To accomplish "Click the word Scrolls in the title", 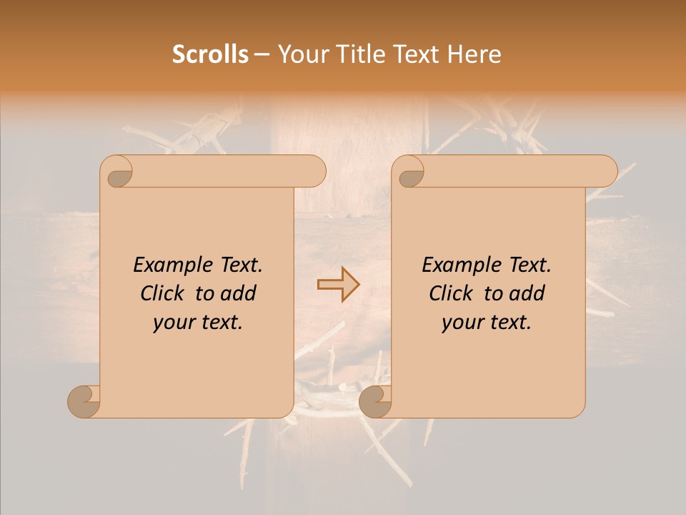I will point(210,54).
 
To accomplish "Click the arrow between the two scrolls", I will point(339,285).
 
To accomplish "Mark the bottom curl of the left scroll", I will point(84,402).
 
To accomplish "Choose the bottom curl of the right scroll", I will point(375,402).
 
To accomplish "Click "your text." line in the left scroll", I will point(198,323).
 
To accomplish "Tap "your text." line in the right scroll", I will point(487,323).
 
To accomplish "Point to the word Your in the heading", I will point(302,54).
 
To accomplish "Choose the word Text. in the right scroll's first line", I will point(526,265).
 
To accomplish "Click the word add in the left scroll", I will point(238,293).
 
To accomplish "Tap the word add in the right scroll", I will point(527,293).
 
